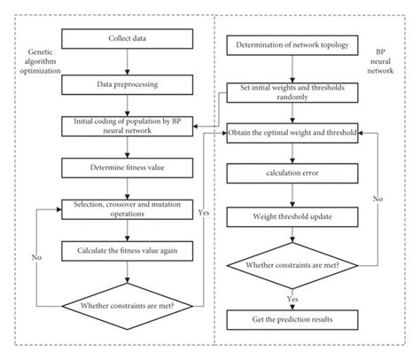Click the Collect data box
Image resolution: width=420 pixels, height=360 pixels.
pos(129,39)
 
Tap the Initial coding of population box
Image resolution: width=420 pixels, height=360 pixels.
pos(129,124)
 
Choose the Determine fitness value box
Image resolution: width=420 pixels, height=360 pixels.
pos(129,166)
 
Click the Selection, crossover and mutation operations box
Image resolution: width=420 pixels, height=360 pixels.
pos(129,208)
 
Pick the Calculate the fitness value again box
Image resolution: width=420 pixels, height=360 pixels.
pos(129,251)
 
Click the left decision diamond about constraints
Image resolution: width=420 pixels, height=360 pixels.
pos(129,308)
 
